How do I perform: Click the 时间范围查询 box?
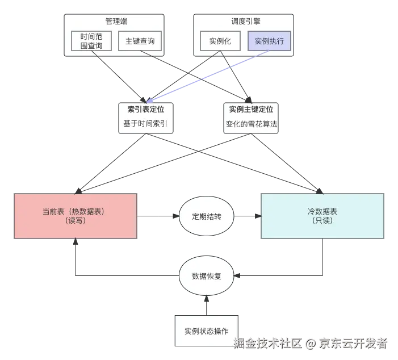pyautogui.click(x=91, y=41)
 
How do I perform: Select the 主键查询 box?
pyautogui.click(x=140, y=41)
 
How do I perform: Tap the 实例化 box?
pyautogui.click(x=219, y=41)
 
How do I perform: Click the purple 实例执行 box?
pyautogui.click(x=269, y=41)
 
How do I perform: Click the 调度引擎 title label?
pyautogui.click(x=245, y=21)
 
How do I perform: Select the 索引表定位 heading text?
pyautogui.click(x=145, y=108)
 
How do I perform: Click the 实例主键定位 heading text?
pyautogui.click(x=251, y=108)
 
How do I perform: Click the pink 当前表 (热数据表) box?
pyautogui.click(x=76, y=216)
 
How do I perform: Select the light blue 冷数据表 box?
pyautogui.click(x=322, y=216)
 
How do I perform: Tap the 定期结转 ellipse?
pyautogui.click(x=207, y=216)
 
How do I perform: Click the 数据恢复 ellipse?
pyautogui.click(x=207, y=277)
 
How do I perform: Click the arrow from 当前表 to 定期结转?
pyautogui.click(x=158, y=216)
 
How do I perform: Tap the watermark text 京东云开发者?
pyautogui.click(x=353, y=343)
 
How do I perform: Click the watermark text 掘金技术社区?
pyautogui.click(x=267, y=343)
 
